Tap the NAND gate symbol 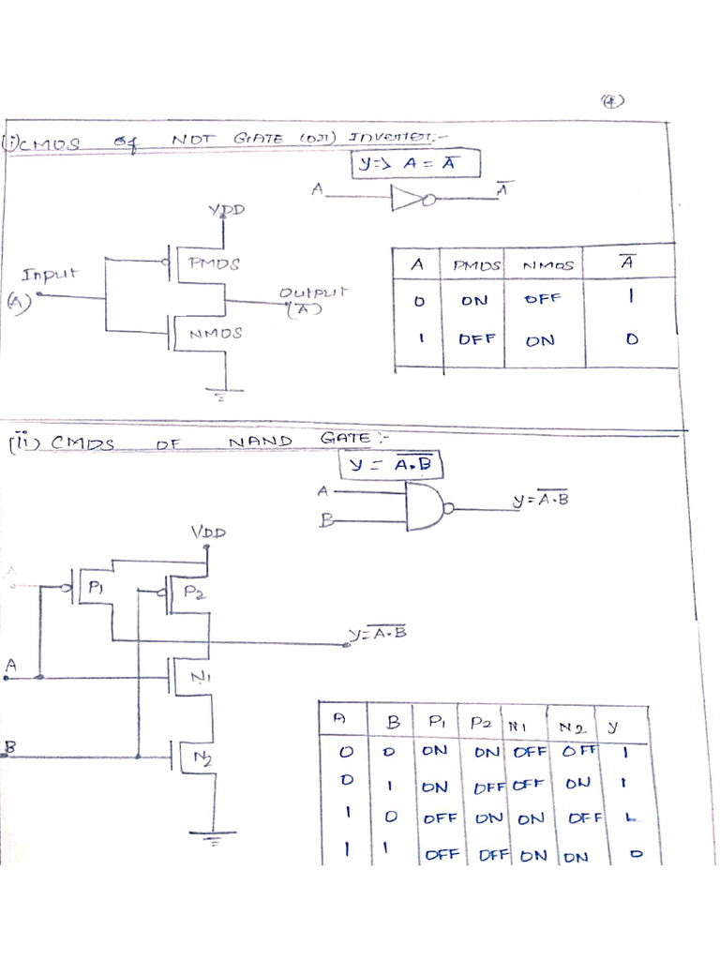[427, 507]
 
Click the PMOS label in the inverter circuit [216, 264]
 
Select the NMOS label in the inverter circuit [216, 333]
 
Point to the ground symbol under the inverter [222, 393]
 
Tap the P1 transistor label [97, 588]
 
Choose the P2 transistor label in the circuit [192, 592]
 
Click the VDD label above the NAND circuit [208, 532]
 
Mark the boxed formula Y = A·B [391, 464]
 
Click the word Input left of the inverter [51, 276]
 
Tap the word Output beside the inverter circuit [312, 293]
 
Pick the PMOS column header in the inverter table [477, 265]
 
